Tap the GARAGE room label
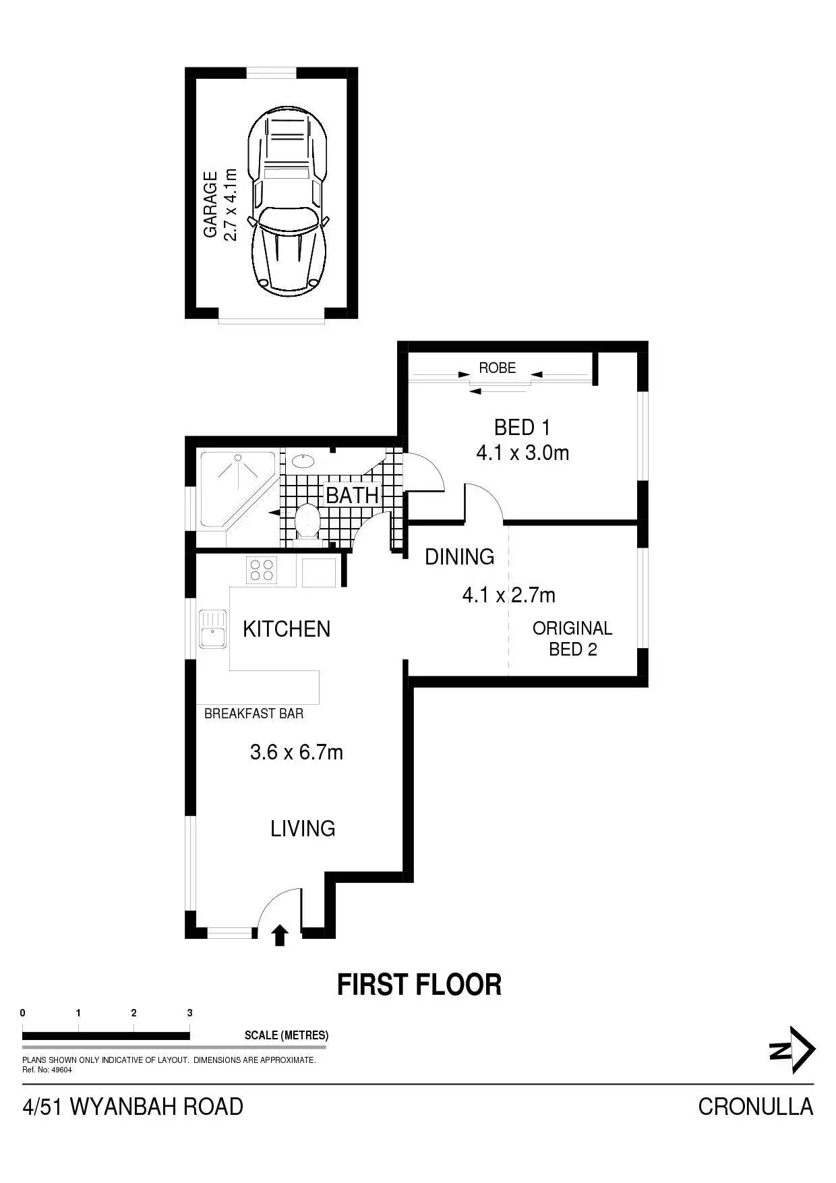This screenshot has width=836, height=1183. coord(210,204)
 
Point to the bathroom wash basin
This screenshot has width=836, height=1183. coord(301,461)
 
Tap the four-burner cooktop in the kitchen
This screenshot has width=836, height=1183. coord(262,569)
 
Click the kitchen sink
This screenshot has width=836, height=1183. coord(212,629)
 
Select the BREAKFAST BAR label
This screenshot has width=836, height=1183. coord(253,714)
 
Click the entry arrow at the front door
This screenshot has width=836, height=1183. coord(280,935)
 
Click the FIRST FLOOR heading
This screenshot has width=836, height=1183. coord(419,985)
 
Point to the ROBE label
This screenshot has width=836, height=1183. coord(497,368)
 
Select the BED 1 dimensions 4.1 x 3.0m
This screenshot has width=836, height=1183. coord(522,453)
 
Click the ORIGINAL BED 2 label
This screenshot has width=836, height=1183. coord(572,639)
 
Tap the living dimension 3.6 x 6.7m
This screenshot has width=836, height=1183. coord(297,752)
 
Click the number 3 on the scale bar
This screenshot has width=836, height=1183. coord(190,1013)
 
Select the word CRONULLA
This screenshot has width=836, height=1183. coord(755,1107)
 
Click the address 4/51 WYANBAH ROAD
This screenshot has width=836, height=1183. coord(133,1107)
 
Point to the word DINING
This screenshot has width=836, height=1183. coord(459,557)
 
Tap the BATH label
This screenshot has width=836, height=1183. coord(352,495)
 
